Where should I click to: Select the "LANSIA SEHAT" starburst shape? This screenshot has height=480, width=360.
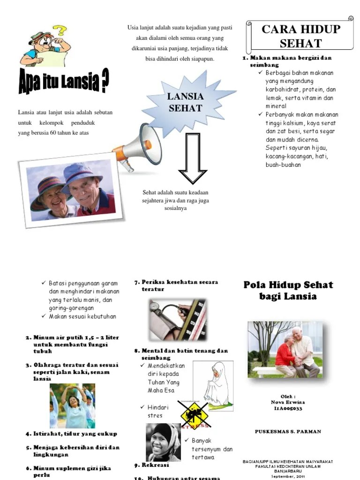[x=185, y=102]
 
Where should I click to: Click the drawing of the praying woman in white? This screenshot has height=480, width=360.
[x=213, y=384]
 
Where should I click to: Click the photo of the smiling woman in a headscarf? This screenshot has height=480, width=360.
[x=163, y=442]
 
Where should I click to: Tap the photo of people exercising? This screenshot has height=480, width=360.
[x=73, y=406]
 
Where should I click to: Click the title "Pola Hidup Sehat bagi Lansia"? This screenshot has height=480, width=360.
[x=288, y=290]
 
